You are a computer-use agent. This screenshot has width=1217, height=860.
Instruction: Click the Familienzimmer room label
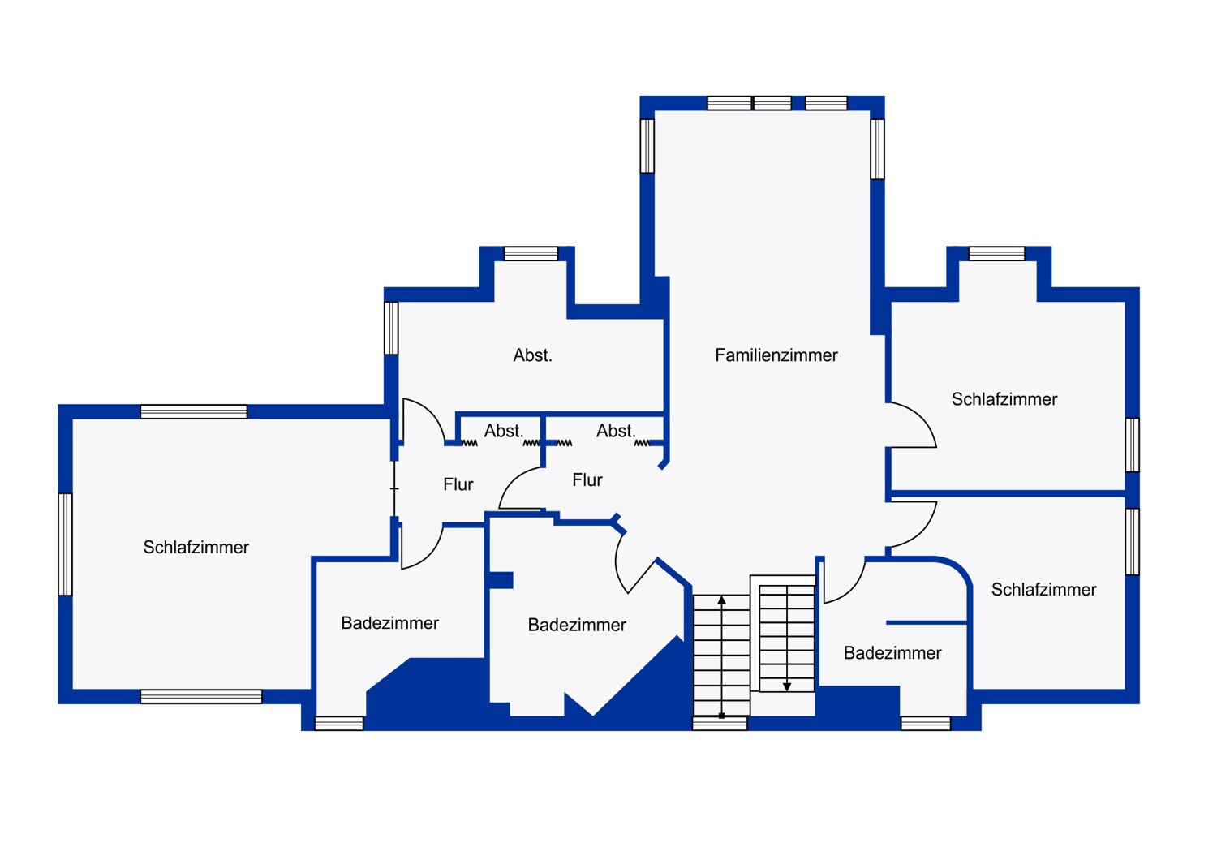tap(776, 355)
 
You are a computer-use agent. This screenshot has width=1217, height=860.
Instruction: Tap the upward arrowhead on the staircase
tap(721, 600)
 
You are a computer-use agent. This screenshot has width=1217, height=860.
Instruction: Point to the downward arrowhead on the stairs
tap(787, 686)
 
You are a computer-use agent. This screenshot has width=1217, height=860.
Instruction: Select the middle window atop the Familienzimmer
tap(772, 103)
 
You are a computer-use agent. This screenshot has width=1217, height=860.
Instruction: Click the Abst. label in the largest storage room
tap(532, 355)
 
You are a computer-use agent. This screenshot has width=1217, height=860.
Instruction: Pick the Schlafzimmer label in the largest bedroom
tap(196, 547)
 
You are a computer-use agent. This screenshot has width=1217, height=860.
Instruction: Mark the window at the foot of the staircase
tap(720, 723)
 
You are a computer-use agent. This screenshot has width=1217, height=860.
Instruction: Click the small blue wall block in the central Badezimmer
tap(501, 580)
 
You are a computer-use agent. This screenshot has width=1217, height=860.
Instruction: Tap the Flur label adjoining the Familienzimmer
tap(587, 480)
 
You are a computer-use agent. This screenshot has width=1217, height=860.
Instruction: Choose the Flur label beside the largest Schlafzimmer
tap(458, 484)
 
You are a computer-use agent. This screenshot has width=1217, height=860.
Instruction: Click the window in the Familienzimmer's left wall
tap(647, 146)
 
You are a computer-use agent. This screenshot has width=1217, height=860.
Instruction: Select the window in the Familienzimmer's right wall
tap(877, 149)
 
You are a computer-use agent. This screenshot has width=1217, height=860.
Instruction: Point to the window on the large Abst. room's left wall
tap(391, 328)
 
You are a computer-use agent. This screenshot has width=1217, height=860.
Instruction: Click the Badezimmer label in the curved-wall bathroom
tap(892, 653)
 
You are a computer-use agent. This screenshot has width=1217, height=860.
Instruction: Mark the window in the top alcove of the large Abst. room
tap(531, 254)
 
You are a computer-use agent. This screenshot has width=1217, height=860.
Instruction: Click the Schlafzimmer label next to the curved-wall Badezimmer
tap(1043, 590)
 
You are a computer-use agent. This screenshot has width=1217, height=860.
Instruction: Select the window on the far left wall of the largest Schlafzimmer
tap(65, 544)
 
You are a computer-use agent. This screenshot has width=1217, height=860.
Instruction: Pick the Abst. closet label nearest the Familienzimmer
tap(616, 431)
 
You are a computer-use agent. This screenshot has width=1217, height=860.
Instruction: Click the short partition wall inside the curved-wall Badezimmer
tap(927, 622)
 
